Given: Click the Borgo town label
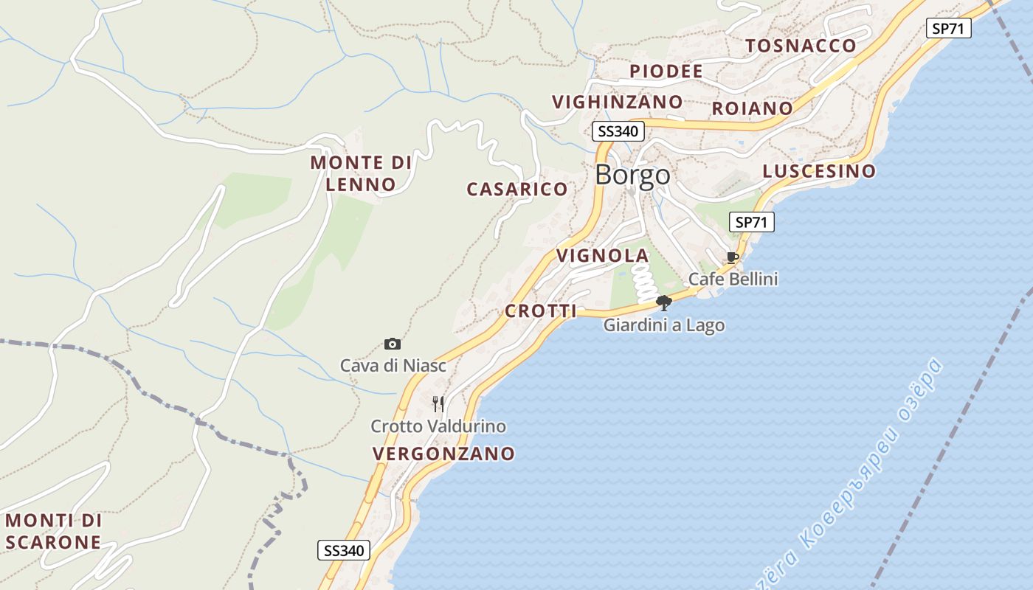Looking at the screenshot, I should pos(632,175).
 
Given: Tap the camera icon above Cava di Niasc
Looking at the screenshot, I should pos(393,344).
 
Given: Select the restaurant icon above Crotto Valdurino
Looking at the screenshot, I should pos(438,403).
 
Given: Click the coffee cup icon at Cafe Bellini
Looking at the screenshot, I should pos(733,257).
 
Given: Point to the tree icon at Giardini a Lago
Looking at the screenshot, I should pos(664,302).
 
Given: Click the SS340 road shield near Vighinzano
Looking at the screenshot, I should pos(618,132).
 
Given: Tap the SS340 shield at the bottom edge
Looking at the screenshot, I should pos(344,550).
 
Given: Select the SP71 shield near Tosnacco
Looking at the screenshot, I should pos(949,29).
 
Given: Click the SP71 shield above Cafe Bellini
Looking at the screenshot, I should pos(752,221).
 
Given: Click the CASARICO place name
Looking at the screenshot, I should pos(517,190).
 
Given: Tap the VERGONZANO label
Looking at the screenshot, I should pos(443,454).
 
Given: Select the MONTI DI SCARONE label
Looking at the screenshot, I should pos(53,531).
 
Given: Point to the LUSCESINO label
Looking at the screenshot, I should pos(819,172).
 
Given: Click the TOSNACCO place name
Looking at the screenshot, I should pos(801,46).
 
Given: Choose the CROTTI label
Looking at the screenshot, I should pos(540,311).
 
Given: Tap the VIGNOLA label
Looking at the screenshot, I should pos(602,256).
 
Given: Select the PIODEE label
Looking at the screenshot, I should pos(666,72).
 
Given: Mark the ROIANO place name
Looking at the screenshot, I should pos(752,108).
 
